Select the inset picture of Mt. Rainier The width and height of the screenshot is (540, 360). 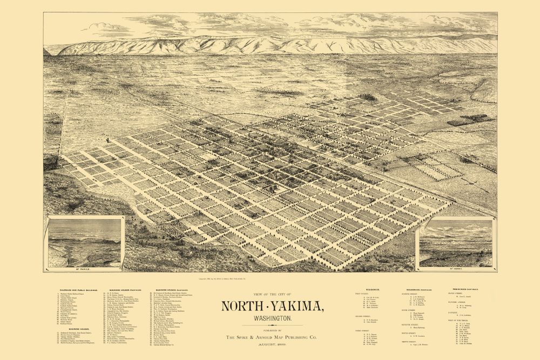[86, 243]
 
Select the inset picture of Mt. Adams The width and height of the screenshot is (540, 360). [455, 243]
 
